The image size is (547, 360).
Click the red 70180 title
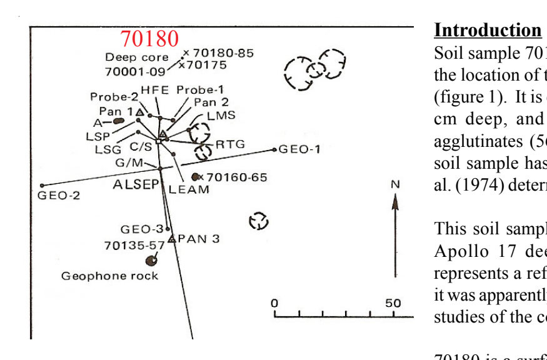149,39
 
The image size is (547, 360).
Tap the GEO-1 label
299,149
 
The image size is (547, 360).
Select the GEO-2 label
59,195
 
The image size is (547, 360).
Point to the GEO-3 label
142,229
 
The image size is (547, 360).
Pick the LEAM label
189,189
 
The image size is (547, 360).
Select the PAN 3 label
198,239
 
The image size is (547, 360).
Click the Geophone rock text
109,276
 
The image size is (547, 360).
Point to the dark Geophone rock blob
151,260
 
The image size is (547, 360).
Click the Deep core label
136,57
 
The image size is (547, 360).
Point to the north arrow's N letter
394,184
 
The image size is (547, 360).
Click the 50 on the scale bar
393,303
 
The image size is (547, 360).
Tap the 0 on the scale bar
274,303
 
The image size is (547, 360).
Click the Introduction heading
488,30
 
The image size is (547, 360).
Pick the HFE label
155,90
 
